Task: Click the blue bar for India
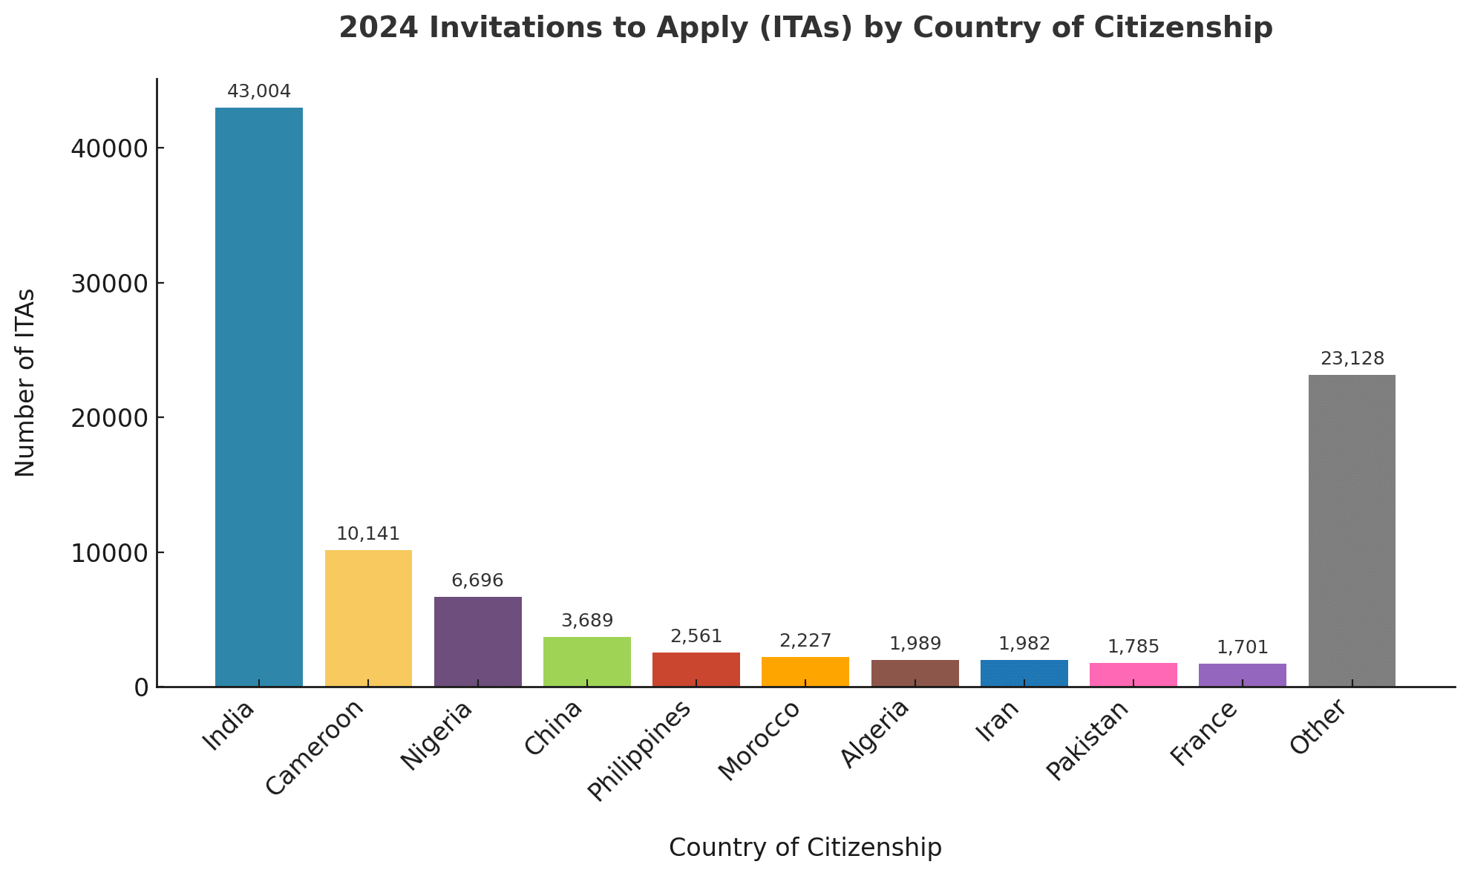pyautogui.click(x=258, y=397)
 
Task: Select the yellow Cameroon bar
pyautogui.click(x=368, y=618)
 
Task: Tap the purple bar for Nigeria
pyautogui.click(x=477, y=641)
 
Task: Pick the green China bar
pyautogui.click(x=586, y=661)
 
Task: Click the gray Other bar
pyautogui.click(x=1351, y=531)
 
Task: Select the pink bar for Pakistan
pyautogui.click(x=1133, y=674)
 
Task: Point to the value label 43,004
pyautogui.click(x=258, y=91)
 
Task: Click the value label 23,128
pyautogui.click(x=1352, y=359)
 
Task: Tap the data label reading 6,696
pyautogui.click(x=477, y=581)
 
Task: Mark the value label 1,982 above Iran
pyautogui.click(x=1024, y=644)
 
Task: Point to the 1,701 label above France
pyautogui.click(x=1242, y=647)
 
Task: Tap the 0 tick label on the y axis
pyautogui.click(x=141, y=687)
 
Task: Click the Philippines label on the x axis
pyautogui.click(x=640, y=750)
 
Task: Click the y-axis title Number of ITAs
pyautogui.click(x=25, y=382)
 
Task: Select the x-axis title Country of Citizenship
pyautogui.click(x=805, y=847)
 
